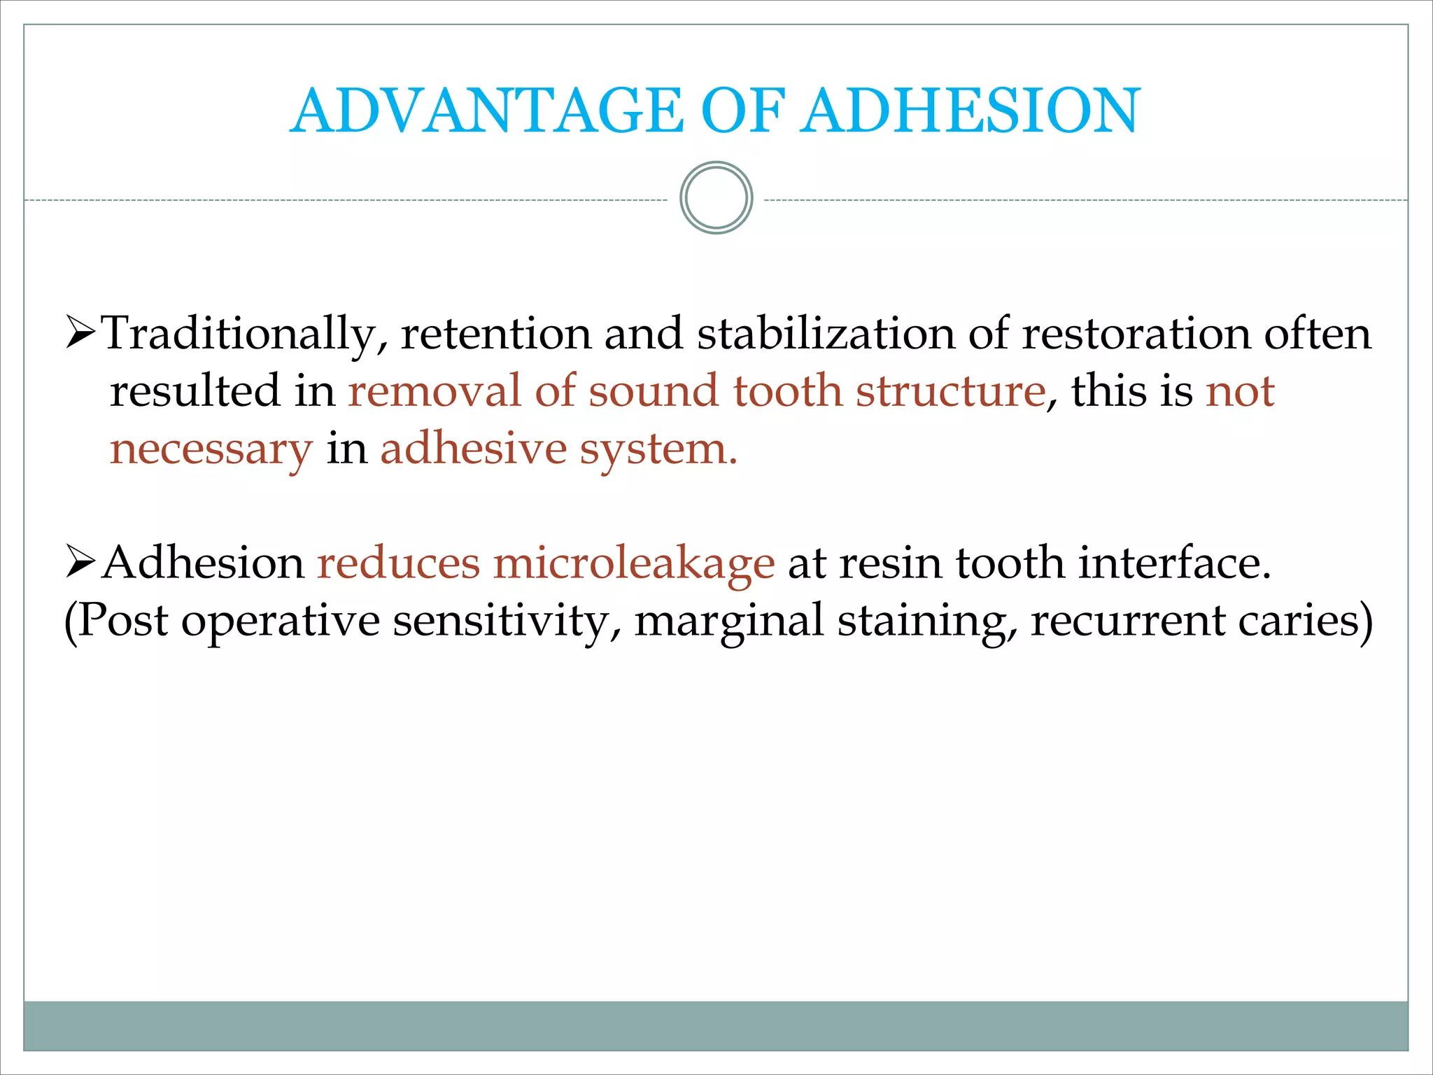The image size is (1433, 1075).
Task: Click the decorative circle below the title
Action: tap(716, 198)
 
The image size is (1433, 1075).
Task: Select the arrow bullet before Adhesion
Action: tap(80, 562)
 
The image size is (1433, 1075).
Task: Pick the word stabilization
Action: tap(826, 333)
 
